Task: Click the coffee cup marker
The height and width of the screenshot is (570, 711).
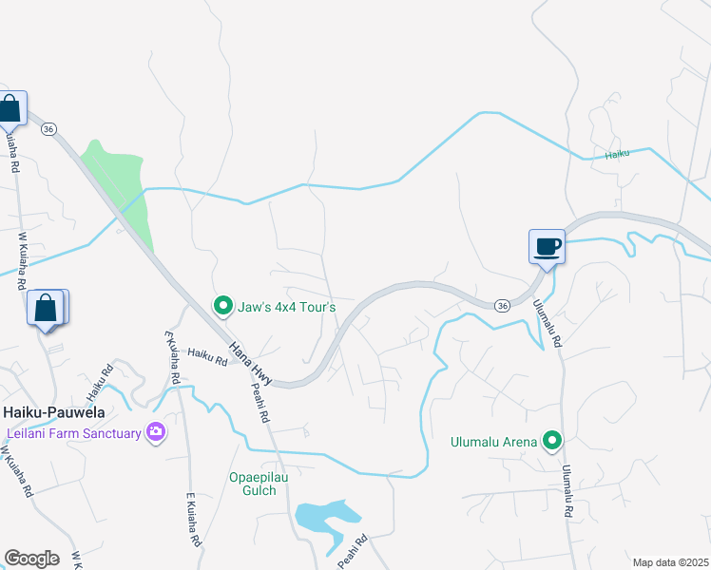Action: click(x=547, y=247)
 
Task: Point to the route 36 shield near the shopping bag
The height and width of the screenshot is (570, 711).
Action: click(x=49, y=128)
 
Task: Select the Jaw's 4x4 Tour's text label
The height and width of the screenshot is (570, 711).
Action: click(x=286, y=306)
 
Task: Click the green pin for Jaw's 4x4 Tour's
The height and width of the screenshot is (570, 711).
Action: click(x=222, y=306)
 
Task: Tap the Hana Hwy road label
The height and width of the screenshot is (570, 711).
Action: click(x=250, y=364)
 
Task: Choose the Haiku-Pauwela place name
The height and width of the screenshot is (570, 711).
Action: click(x=53, y=412)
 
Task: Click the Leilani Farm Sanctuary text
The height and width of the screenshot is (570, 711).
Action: click(x=72, y=433)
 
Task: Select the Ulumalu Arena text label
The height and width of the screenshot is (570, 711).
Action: click(x=492, y=441)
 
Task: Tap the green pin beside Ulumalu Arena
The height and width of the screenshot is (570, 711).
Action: click(x=551, y=440)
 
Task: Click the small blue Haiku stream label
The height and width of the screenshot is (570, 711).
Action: click(x=619, y=156)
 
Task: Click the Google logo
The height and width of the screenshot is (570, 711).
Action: click(x=31, y=558)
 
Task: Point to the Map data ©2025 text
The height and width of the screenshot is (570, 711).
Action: click(x=670, y=562)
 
